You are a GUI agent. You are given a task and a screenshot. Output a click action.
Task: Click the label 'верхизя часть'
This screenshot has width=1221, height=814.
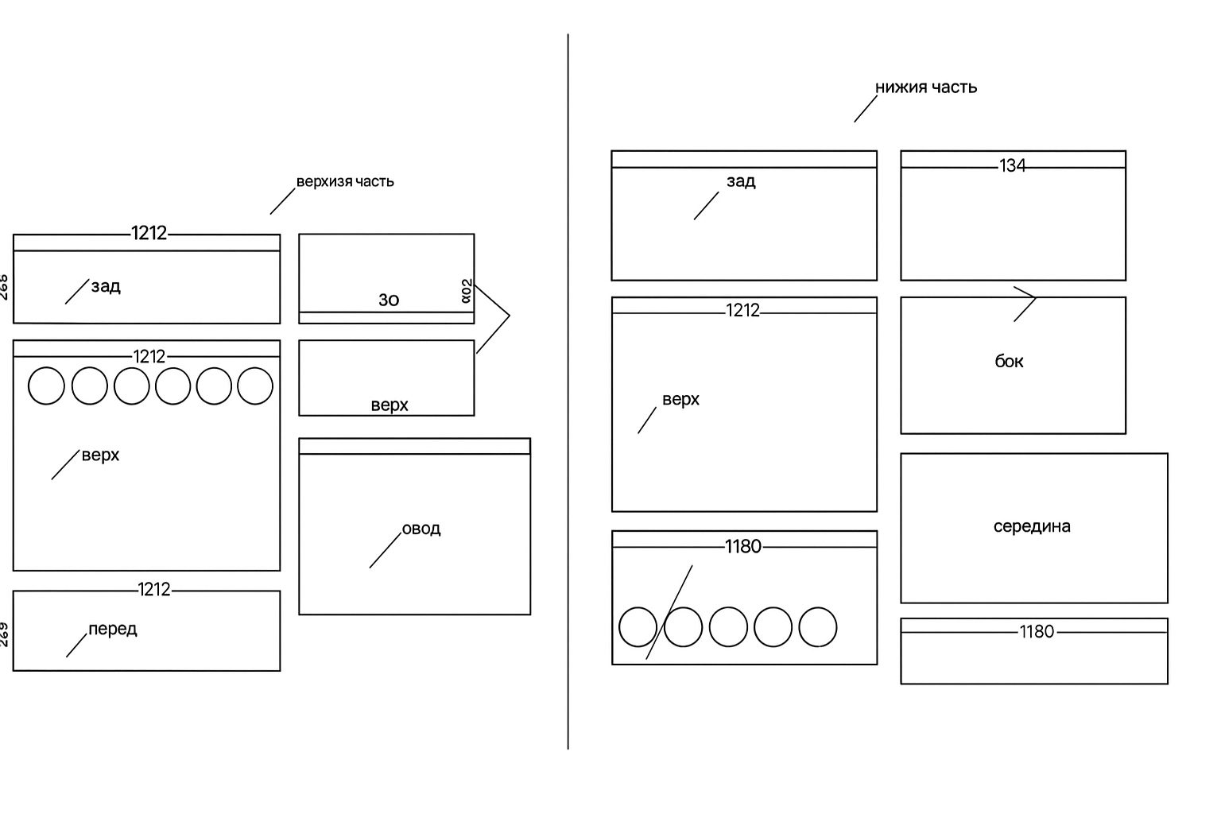(345, 181)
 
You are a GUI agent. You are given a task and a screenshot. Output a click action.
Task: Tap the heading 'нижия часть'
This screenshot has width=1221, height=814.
(926, 87)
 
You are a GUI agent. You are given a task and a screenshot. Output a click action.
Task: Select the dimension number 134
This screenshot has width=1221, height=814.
(1013, 165)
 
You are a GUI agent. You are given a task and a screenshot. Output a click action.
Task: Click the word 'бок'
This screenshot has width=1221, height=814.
(1009, 362)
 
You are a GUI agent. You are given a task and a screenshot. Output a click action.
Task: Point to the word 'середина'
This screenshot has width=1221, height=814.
(1032, 526)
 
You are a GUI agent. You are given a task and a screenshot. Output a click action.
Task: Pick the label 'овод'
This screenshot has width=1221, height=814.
(421, 529)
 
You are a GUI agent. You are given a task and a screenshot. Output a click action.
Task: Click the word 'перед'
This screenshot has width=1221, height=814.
(113, 629)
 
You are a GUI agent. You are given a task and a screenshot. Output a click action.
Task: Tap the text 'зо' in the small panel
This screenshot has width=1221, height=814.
(389, 300)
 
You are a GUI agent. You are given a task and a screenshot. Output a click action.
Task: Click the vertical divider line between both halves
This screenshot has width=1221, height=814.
(568, 397)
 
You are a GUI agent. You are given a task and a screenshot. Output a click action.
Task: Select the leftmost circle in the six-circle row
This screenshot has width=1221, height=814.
(46, 386)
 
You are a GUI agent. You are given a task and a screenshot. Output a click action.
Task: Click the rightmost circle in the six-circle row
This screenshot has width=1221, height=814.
(255, 386)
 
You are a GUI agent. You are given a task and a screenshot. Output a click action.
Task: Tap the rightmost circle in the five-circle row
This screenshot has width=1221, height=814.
(817, 626)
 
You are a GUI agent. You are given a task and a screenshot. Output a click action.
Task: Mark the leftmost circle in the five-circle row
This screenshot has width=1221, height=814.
(638, 626)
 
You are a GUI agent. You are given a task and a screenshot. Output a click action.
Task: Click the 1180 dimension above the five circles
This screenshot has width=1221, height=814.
(743, 547)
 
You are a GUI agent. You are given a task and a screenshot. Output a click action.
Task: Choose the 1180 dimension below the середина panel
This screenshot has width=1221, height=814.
(1037, 632)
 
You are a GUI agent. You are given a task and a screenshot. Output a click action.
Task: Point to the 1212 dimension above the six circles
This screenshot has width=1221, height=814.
(149, 357)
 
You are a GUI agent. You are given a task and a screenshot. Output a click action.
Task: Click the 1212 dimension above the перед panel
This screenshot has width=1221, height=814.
(154, 590)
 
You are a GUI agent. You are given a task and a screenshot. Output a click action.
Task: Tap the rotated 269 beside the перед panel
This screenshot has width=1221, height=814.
(4, 634)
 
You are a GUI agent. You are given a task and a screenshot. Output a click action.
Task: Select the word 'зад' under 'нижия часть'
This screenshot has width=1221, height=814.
(741, 181)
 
